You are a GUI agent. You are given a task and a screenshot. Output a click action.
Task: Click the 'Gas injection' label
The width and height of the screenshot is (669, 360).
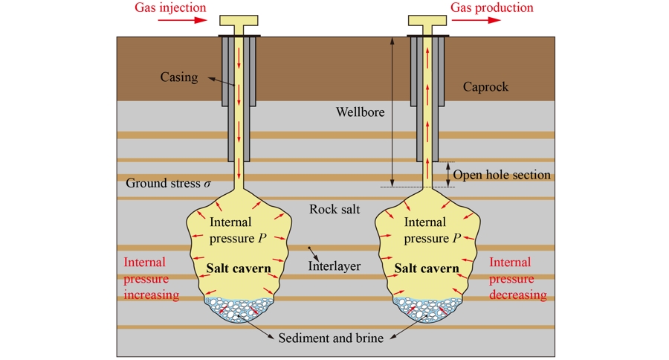169,8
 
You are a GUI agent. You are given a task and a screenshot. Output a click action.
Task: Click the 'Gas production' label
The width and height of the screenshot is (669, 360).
492,8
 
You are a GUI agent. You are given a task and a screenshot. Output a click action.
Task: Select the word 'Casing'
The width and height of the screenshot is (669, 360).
179,77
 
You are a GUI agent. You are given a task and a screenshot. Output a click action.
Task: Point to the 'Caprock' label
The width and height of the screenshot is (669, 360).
485,87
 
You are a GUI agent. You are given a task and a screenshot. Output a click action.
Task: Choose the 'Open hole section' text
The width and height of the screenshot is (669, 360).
502,175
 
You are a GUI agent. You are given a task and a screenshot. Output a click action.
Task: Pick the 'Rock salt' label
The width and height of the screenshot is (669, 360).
334,209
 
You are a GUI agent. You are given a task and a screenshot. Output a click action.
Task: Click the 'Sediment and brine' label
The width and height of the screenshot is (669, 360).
331,338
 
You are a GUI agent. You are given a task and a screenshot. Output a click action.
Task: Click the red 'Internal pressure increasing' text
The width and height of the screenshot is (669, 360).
152,278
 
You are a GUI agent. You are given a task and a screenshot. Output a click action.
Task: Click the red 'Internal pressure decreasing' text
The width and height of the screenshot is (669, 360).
518,278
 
